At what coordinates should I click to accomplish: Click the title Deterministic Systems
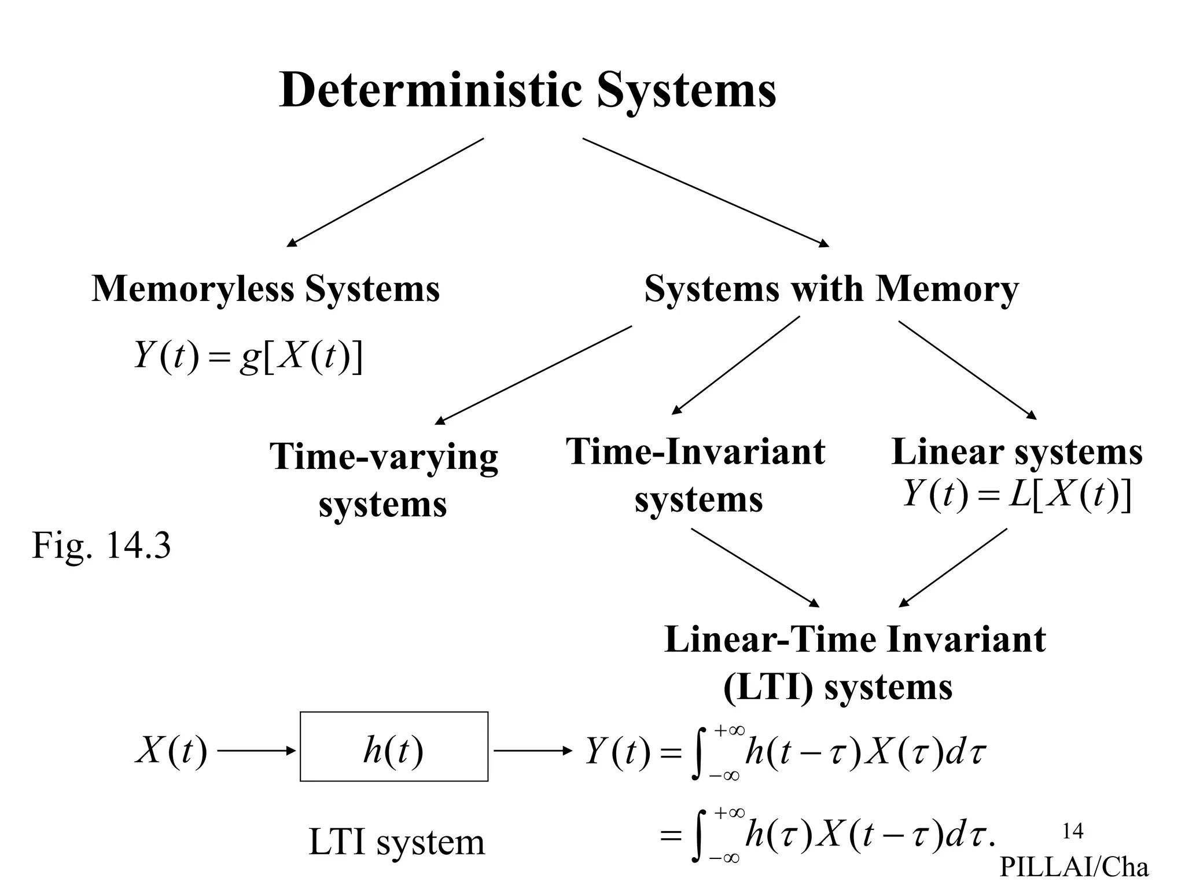(527, 91)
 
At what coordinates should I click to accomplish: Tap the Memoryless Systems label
(266, 289)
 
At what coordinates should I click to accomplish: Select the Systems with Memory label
(831, 289)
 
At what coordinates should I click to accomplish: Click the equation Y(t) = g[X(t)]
(248, 356)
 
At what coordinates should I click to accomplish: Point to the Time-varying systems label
(383, 480)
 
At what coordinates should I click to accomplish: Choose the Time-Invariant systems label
(696, 475)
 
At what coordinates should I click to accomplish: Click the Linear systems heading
(1017, 452)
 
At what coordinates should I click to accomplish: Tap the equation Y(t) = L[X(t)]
(1017, 495)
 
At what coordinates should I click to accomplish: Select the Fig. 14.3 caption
(101, 546)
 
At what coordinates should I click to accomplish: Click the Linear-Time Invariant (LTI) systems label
(855, 663)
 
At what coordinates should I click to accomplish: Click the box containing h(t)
(393, 747)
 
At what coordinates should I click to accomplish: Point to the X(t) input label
(171, 752)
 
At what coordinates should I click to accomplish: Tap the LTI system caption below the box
(396, 842)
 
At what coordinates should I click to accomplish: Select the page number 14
(1073, 831)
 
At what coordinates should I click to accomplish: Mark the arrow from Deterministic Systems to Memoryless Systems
(385, 193)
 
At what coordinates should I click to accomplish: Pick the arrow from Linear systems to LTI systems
(952, 567)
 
